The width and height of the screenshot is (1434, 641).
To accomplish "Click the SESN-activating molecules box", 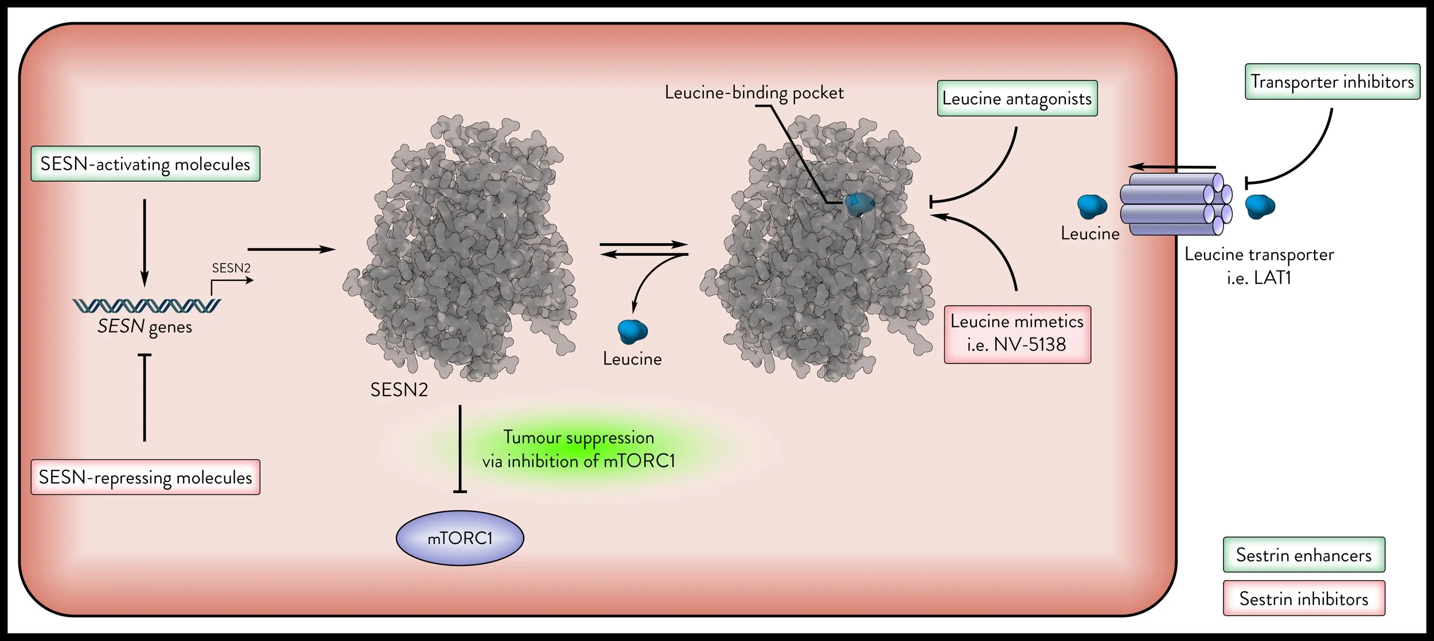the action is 145,164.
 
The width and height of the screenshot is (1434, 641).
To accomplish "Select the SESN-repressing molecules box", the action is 145,477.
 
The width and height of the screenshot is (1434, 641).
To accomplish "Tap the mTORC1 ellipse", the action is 460,538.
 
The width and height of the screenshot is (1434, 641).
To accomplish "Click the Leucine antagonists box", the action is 1017,99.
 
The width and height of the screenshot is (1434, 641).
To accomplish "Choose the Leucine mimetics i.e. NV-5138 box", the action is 1017,334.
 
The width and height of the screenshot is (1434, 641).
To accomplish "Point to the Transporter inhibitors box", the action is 1332,81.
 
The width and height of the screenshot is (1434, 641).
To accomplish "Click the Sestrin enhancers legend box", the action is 1304,554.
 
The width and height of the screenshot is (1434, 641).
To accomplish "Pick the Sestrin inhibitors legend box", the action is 1304,598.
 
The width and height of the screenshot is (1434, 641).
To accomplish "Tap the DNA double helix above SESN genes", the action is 146,306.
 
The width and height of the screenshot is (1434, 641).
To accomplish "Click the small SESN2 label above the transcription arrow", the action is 231,268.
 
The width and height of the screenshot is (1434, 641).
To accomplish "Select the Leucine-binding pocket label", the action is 754,93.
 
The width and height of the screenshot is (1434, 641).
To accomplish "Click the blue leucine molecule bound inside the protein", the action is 859,204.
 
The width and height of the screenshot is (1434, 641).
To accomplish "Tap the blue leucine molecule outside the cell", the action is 1260,206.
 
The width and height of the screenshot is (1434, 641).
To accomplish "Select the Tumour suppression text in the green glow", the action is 579,437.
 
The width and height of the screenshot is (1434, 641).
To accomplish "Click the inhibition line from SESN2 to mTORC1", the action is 460,449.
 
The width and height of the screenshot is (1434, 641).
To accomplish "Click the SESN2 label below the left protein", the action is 399,390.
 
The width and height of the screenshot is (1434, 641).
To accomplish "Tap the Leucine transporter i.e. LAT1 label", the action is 1260,266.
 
